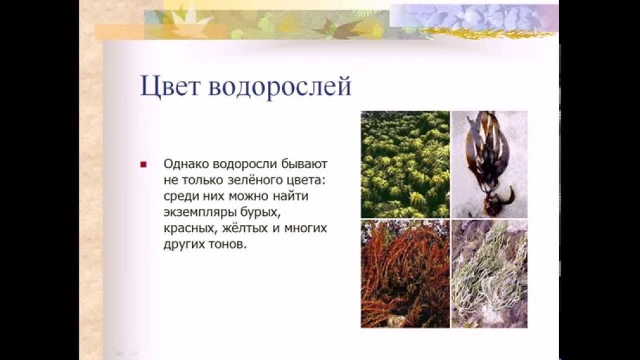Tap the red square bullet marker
tap(143, 165)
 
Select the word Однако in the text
tap(185, 164)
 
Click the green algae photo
tap(405, 165)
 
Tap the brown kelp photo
tap(489, 165)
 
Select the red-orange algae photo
tap(405, 274)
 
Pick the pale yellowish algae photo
tap(489, 274)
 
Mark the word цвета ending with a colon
tap(301, 180)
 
